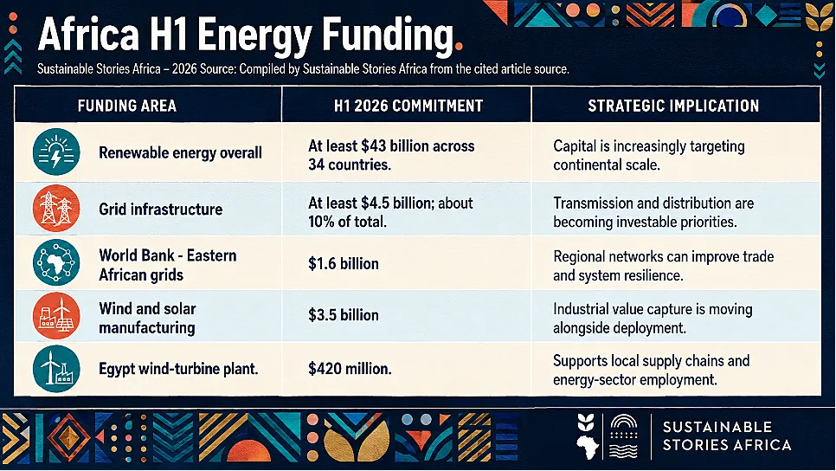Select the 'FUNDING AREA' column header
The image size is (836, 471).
pyautogui.click(x=127, y=106)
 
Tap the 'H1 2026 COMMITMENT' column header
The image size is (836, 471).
pyautogui.click(x=408, y=106)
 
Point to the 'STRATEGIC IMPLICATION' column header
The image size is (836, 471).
pyautogui.click(x=673, y=106)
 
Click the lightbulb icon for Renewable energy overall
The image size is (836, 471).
pyautogui.click(x=56, y=152)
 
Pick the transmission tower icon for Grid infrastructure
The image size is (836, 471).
pyautogui.click(x=56, y=208)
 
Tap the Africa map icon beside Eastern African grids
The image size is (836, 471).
pyautogui.click(x=56, y=262)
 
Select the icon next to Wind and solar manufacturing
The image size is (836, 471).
pyautogui.click(x=56, y=316)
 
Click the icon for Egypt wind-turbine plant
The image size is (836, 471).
pyautogui.click(x=56, y=369)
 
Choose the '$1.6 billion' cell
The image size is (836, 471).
pyautogui.click(x=344, y=263)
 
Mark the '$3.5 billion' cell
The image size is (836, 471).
pyautogui.click(x=344, y=314)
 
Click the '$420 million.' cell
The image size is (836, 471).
pyautogui.click(x=350, y=369)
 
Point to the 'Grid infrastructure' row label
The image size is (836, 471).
pyautogui.click(x=160, y=210)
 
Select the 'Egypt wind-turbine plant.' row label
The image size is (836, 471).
pyautogui.click(x=178, y=369)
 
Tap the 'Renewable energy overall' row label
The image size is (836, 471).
pyautogui.click(x=180, y=153)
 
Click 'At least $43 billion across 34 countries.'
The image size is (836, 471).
pyautogui.click(x=391, y=155)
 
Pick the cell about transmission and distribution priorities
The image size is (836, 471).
pyautogui.click(x=653, y=212)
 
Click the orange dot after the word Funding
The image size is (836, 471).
pyautogui.click(x=459, y=47)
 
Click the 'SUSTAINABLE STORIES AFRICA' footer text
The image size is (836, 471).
pyautogui.click(x=727, y=436)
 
